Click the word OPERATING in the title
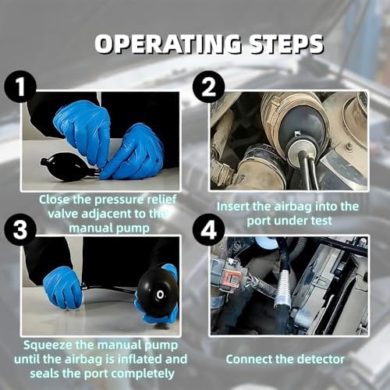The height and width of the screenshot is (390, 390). [x=168, y=44]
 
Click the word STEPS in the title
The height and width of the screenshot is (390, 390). [x=286, y=44]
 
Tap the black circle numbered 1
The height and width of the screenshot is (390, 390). [x=20, y=87]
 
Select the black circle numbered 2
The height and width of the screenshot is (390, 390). [x=209, y=87]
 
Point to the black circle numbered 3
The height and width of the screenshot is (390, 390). [x=20, y=230]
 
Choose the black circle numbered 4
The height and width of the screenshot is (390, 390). [x=209, y=230]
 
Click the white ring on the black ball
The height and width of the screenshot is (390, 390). [x=160, y=295]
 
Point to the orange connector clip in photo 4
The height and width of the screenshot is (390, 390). [x=232, y=278]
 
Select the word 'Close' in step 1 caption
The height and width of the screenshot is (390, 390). [x=54, y=200]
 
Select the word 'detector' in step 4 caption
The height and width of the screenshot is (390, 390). [x=321, y=360]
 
